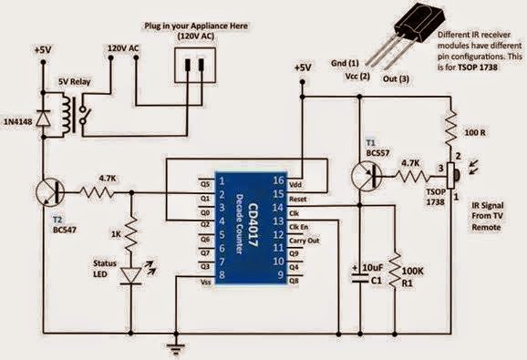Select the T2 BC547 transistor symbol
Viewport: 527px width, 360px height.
[50, 193]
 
